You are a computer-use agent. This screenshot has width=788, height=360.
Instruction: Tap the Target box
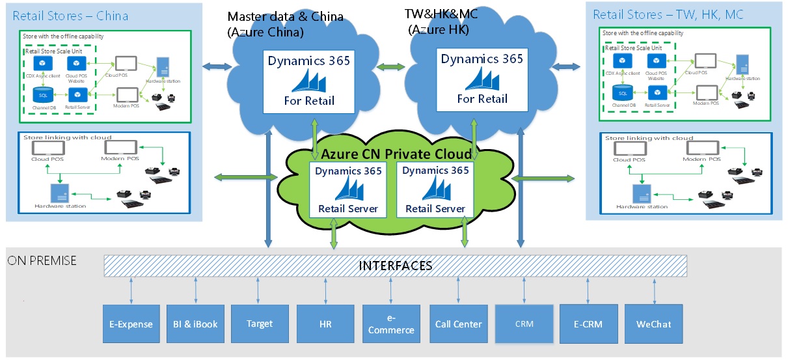(260, 324)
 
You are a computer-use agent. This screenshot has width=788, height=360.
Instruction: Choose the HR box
(325, 324)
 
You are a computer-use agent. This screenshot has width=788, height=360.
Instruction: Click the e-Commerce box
(390, 324)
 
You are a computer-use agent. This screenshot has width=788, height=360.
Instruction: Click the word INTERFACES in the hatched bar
(396, 266)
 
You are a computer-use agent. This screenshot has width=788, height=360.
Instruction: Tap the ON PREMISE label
(42, 260)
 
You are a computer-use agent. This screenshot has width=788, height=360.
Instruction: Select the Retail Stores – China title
(70, 16)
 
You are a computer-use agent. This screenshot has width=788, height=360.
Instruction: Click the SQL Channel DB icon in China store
(42, 94)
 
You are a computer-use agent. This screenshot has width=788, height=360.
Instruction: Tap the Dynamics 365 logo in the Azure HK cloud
(482, 79)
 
